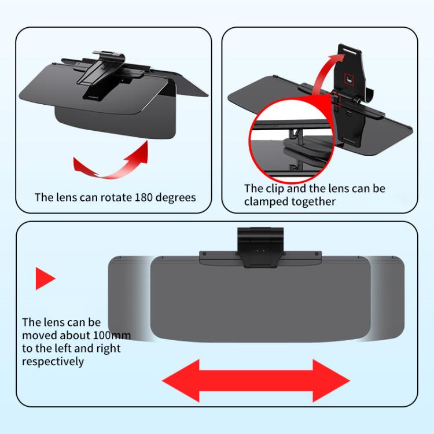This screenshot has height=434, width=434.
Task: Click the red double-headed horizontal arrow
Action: point(256,380)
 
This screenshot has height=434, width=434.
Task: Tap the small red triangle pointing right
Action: point(45,278)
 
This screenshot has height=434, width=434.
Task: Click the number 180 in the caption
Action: point(145,197)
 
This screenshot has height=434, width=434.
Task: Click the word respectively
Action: point(53,361)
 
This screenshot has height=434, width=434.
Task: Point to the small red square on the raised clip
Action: point(348,77)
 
